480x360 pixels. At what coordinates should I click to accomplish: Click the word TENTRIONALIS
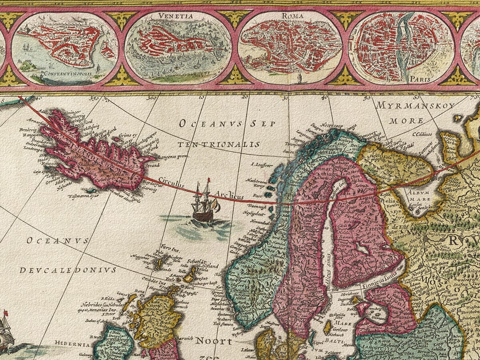pyautogui.click(x=219, y=144)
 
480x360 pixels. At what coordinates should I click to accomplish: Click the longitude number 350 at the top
pyautogui.click(x=94, y=97)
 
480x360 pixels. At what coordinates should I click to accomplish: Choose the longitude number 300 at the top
pyautogui.click(x=152, y=97)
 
